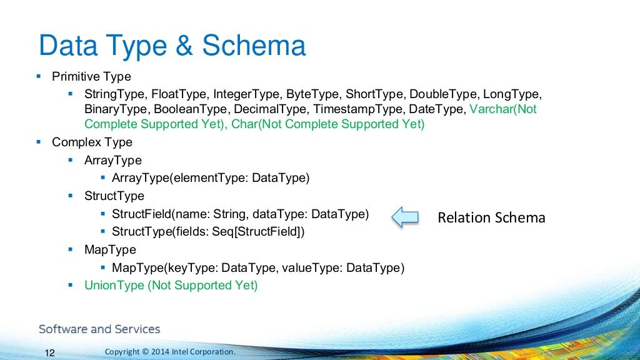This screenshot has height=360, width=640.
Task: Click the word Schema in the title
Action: pyautogui.click(x=254, y=45)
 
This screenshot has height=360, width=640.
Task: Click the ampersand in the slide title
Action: pyautogui.click(x=184, y=45)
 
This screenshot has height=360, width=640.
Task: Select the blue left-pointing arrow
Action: pyautogui.click(x=405, y=217)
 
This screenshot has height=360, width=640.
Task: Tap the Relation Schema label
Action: pyautogui.click(x=491, y=217)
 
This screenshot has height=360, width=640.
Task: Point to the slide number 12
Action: pyautogui.click(x=49, y=352)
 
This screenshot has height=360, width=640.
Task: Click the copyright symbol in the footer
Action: pyautogui.click(x=145, y=351)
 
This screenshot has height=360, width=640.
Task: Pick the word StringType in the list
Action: pyautogui.click(x=116, y=94)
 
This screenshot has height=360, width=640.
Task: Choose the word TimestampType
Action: pyautogui.click(x=359, y=109)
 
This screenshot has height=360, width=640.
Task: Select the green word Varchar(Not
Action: pyautogui.click(x=503, y=109)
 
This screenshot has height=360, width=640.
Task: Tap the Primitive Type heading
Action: pyautogui.click(x=91, y=76)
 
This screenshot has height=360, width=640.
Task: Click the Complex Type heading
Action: pyautogui.click(x=92, y=142)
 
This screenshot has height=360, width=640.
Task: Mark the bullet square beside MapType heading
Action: pyautogui.click(x=71, y=249)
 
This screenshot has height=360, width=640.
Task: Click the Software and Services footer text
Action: pyautogui.click(x=99, y=329)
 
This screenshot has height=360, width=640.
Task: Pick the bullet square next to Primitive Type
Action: pyautogui.click(x=39, y=76)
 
